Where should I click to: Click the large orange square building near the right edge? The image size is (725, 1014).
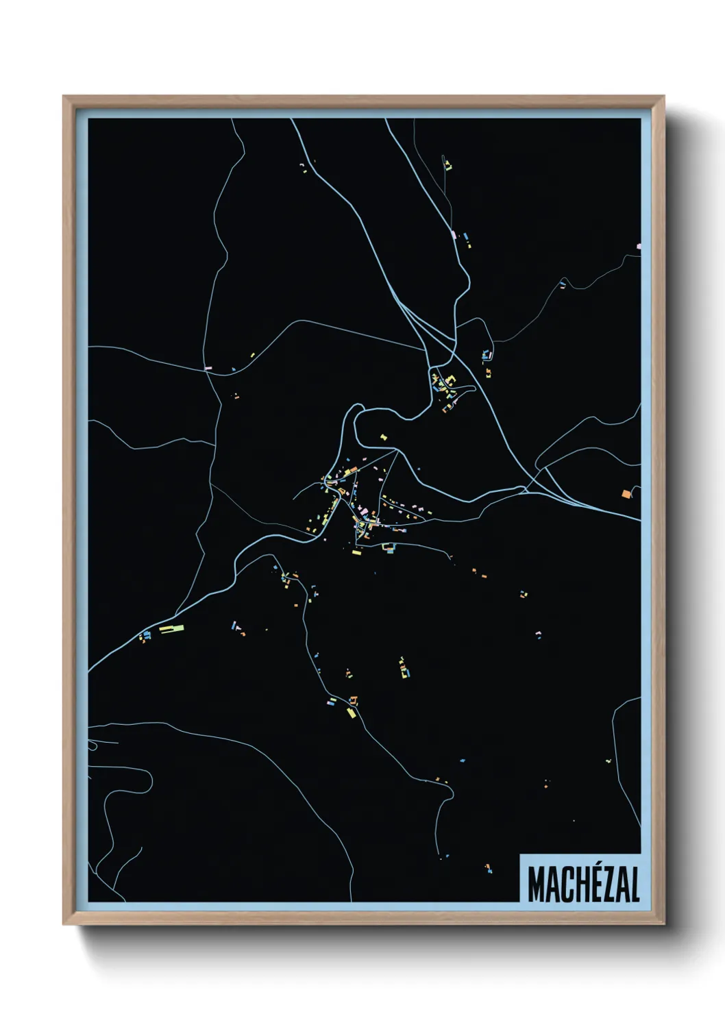click(x=626, y=493)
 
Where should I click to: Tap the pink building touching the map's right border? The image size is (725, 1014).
click(x=639, y=245)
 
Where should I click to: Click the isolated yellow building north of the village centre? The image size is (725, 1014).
click(x=383, y=436)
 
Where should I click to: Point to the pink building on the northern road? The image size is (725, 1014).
click(x=454, y=234)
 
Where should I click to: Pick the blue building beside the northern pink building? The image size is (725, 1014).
click(x=466, y=236)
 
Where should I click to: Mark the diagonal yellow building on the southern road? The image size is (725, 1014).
click(x=351, y=713)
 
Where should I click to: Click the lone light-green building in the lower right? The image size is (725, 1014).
click(x=608, y=760)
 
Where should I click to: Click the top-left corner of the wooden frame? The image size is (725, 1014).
click(x=64, y=97)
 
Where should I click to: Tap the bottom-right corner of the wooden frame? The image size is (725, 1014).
click(x=663, y=924)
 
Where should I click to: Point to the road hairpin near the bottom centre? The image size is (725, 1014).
click(x=452, y=792)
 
